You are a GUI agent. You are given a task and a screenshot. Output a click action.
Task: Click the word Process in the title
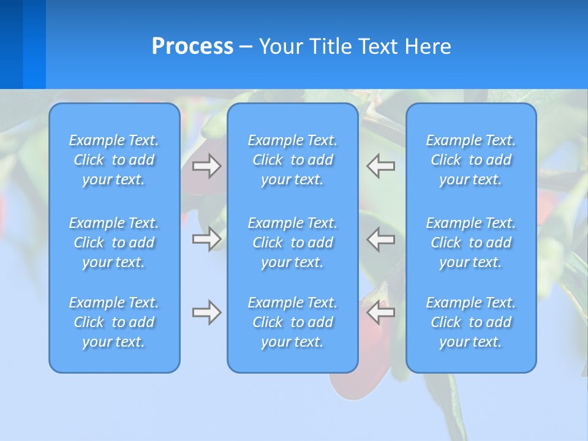tap(192, 47)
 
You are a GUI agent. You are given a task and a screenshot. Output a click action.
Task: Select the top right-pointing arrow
tap(207, 166)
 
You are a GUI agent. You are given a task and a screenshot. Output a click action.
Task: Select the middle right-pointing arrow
tap(207, 239)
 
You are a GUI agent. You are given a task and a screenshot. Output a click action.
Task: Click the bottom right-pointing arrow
tap(207, 312)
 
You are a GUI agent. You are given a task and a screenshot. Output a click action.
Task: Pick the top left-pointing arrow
tap(381, 166)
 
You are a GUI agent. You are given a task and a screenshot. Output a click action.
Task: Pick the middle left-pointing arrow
tap(381, 239)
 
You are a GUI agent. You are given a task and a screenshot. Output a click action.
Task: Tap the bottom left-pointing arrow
tap(381, 312)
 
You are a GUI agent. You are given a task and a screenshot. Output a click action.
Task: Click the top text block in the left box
tap(114, 160)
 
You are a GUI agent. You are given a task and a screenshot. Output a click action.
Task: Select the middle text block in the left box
tap(114, 243)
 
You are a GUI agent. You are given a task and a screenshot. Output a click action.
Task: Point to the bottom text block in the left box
tap(114, 322)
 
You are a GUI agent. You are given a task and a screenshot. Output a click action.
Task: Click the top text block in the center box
tap(293, 160)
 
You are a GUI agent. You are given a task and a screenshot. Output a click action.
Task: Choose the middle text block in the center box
tap(293, 243)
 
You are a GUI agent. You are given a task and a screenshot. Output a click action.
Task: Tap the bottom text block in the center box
tap(293, 322)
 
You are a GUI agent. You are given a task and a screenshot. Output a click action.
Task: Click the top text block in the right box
tap(471, 160)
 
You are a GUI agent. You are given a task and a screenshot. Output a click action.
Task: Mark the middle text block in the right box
tap(471, 243)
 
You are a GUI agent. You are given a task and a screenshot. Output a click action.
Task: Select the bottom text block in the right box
tap(471, 322)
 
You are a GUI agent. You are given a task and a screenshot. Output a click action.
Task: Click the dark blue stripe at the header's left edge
tap(11, 44)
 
